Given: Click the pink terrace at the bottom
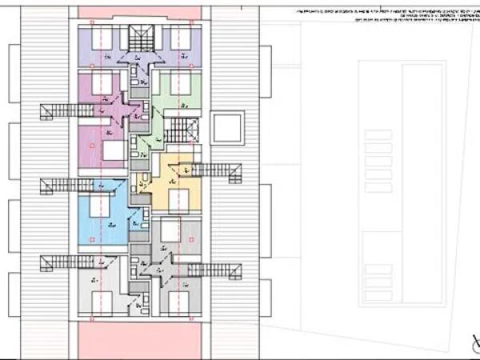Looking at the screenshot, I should tap(140, 339).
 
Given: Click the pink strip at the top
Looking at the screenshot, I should tap(140, 12).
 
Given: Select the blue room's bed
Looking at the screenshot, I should tap(99, 206).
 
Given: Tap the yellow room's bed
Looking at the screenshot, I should tap(179, 201).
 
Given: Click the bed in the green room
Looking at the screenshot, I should tap(179, 81).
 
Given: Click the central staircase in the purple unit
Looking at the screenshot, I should tap(140, 38).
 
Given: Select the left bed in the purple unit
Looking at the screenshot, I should tap(102, 38).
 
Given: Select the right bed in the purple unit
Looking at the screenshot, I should tap(180, 38).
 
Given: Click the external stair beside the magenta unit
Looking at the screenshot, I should tap(60, 111).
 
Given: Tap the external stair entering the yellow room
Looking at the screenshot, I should tap(214, 169).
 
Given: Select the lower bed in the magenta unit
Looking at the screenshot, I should tap(113, 150).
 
